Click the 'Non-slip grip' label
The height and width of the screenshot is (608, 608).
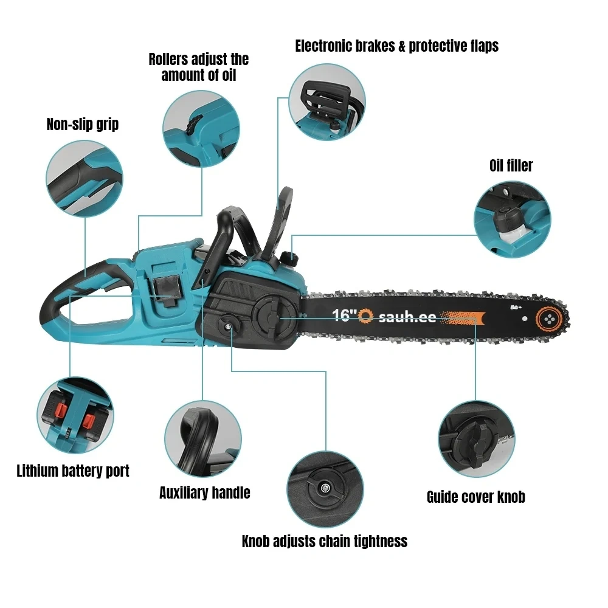83,125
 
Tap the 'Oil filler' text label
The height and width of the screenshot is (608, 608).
511,165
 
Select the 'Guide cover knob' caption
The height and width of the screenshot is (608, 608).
476,497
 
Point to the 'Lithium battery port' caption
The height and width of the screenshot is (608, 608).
73,471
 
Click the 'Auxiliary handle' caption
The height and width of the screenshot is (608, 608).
205,493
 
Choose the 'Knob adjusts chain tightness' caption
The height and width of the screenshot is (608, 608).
325,541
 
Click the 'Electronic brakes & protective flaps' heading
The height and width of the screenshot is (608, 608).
396,46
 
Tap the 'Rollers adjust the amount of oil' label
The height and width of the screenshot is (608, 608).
199,67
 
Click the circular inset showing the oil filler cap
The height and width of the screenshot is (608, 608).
512,219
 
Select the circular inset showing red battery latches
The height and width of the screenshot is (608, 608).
75,415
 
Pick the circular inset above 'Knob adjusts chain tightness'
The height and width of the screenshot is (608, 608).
325,489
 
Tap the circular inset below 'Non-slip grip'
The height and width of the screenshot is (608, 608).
85,178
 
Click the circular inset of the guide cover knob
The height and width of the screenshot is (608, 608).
477,439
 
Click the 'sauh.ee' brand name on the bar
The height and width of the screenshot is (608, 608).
407,317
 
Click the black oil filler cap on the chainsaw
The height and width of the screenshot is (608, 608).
289,257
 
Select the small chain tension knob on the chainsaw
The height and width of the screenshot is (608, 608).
229,326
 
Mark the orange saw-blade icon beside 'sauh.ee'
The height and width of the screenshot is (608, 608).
365,316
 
